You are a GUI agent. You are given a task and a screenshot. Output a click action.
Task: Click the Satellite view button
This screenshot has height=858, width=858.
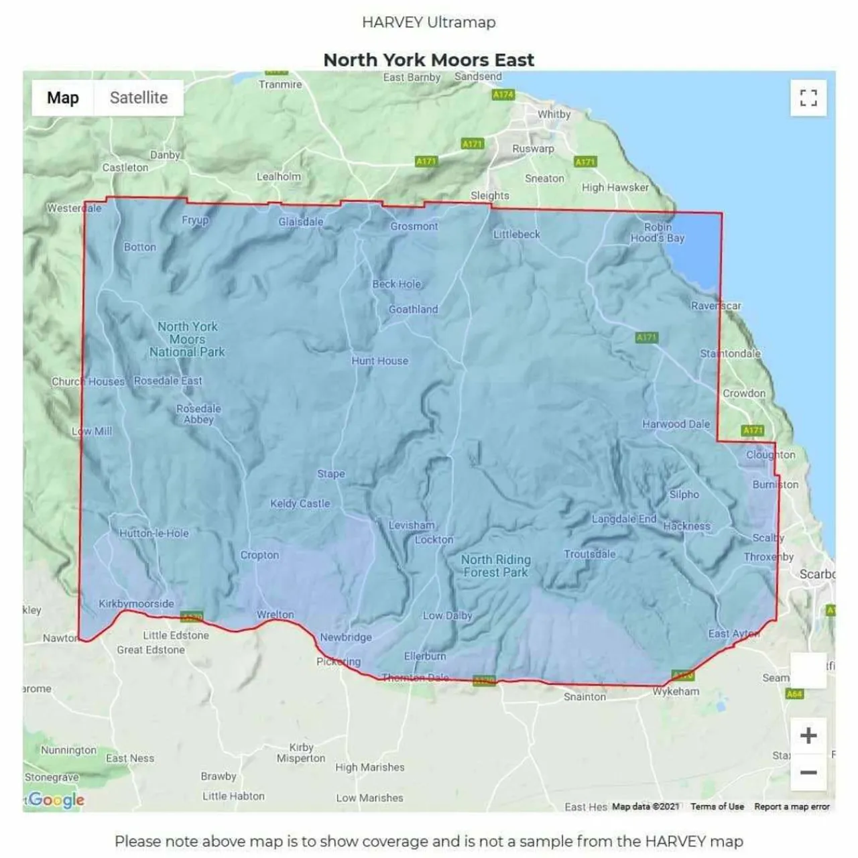click(139, 98)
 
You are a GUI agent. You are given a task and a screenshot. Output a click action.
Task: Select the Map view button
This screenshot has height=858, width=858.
click(63, 98)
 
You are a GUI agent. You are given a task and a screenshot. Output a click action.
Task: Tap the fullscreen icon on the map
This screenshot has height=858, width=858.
click(808, 99)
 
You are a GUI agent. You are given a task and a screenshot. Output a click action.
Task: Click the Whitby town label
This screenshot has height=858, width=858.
click(554, 114)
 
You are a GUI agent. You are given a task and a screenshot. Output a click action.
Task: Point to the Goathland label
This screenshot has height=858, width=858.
click(413, 309)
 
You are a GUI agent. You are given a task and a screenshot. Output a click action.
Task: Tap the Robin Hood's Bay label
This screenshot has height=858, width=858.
click(658, 233)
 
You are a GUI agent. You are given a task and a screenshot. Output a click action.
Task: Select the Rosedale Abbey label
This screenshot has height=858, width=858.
click(198, 414)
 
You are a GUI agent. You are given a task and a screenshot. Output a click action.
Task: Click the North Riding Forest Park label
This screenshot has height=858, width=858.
click(496, 566)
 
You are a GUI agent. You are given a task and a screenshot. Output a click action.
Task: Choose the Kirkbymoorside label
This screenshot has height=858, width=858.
click(136, 603)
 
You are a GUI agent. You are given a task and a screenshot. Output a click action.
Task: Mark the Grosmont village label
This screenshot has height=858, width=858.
click(414, 227)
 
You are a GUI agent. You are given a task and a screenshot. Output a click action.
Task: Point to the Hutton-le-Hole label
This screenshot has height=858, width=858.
click(154, 534)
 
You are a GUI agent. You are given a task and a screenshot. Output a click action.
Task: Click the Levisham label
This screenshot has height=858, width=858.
click(412, 526)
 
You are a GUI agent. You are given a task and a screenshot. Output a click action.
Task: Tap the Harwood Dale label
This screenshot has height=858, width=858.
click(676, 424)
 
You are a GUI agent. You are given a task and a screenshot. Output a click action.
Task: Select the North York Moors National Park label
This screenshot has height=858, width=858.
click(187, 339)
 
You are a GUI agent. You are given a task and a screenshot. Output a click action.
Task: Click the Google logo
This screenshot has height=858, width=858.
click(56, 799)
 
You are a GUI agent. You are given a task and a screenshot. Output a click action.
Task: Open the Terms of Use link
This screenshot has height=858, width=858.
click(717, 806)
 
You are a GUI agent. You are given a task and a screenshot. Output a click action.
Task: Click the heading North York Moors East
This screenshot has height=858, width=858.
click(428, 60)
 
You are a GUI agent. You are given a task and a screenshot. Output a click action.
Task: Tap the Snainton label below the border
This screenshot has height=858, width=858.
click(585, 696)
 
